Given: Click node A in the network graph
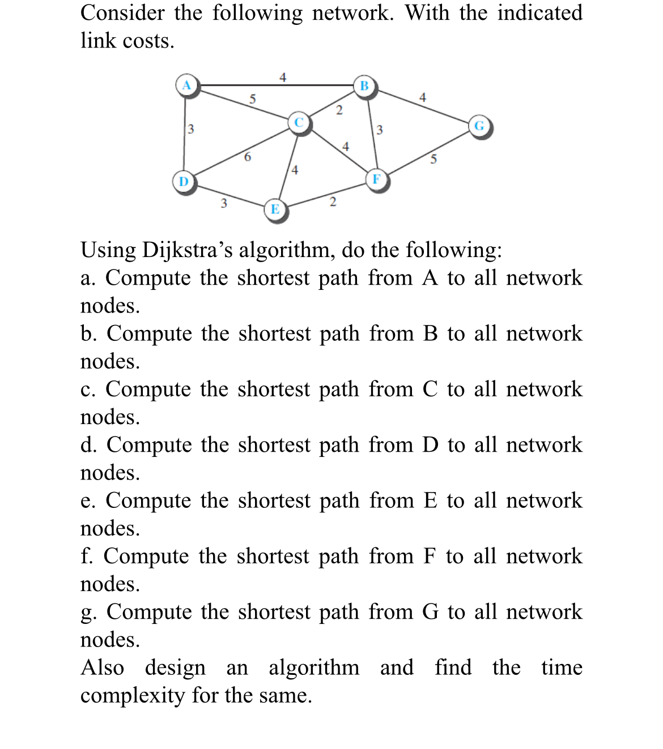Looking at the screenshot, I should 186,85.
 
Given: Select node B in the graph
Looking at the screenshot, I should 364,86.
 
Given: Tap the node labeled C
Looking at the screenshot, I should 299,122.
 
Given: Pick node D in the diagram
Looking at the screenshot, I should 184,182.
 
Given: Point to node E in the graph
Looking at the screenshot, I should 275,209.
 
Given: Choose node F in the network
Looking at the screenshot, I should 376,179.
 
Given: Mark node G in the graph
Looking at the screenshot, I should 479,126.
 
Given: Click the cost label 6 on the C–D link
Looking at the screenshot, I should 247,157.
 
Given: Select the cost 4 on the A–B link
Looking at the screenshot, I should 283,78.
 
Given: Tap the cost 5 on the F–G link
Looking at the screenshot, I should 433,159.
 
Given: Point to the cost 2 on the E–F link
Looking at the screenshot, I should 333,202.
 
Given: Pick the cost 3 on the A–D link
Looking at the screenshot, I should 191,129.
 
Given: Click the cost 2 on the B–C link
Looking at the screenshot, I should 339,110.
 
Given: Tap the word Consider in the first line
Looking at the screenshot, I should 122,13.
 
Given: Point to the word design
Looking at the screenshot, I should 175,667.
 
